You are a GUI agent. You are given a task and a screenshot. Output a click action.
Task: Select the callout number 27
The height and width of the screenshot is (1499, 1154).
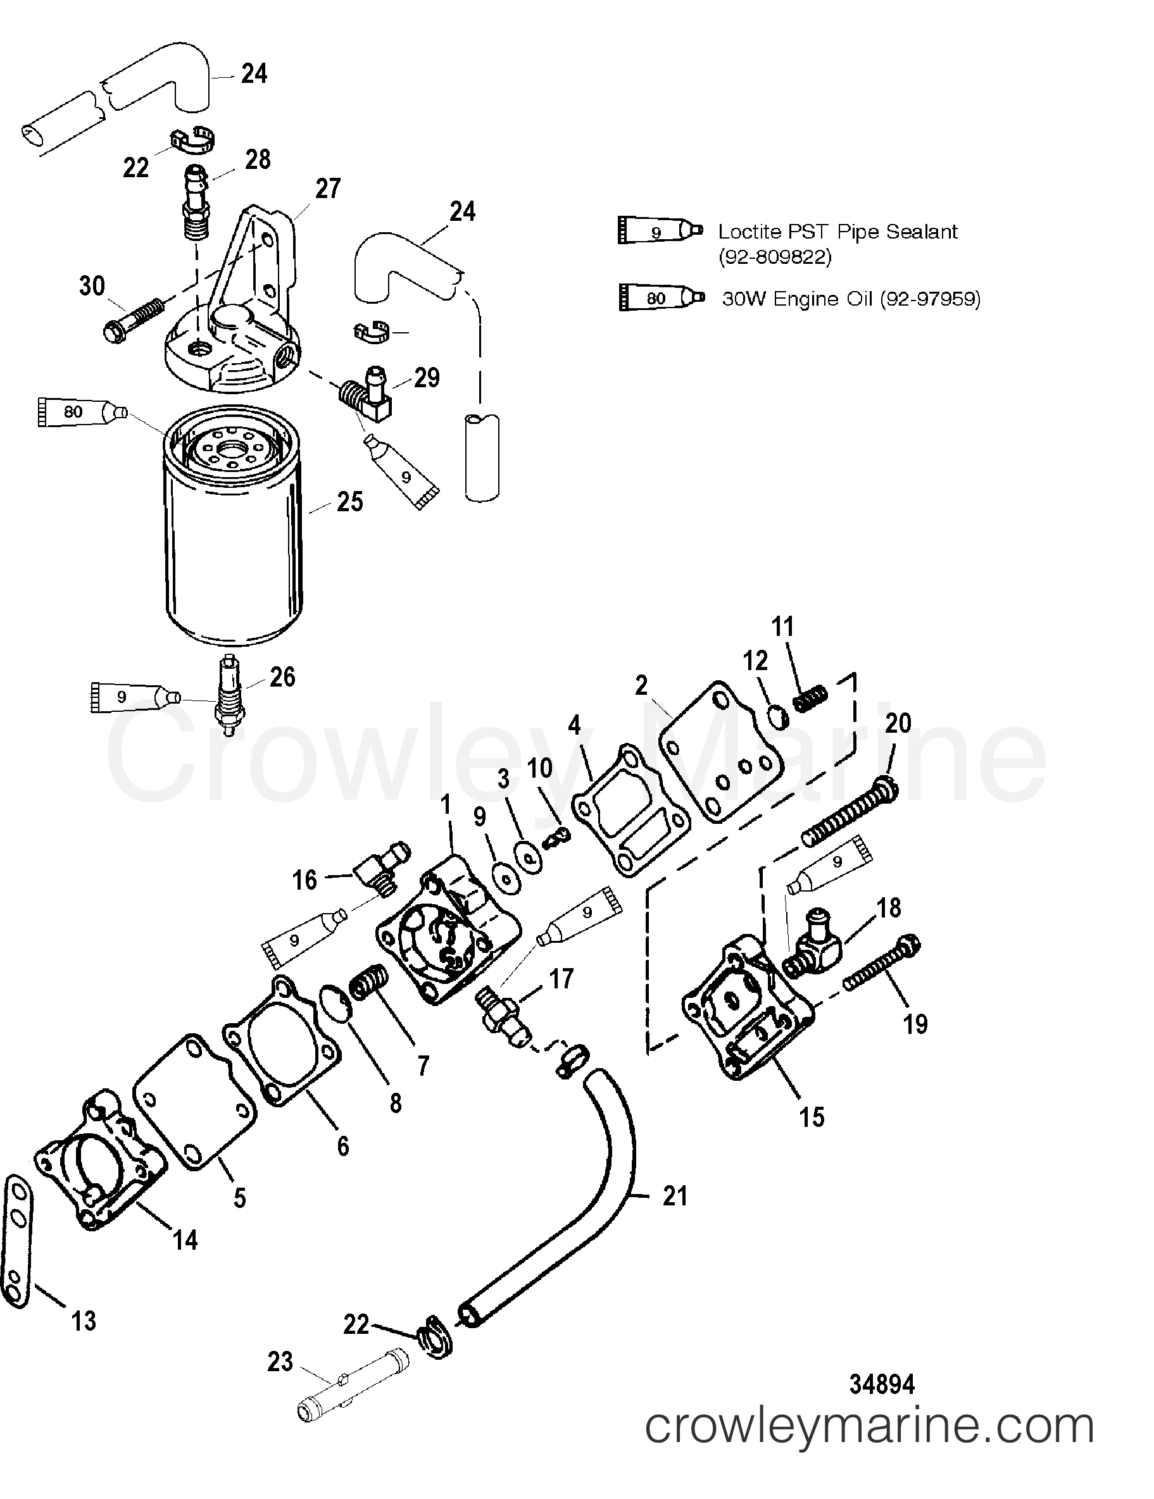pos(327,188)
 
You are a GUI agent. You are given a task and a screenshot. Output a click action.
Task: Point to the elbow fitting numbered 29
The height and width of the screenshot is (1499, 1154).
pos(365,396)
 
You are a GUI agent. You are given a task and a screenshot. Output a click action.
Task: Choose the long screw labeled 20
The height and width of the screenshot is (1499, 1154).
pos(848,820)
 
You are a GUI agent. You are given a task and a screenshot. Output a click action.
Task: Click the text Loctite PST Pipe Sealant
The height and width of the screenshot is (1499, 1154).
pos(837,232)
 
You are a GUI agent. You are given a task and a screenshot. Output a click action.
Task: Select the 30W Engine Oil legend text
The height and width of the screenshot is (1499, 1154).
pos(851,299)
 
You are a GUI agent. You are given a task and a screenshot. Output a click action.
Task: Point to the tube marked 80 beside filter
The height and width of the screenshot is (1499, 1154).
pos(82,412)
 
